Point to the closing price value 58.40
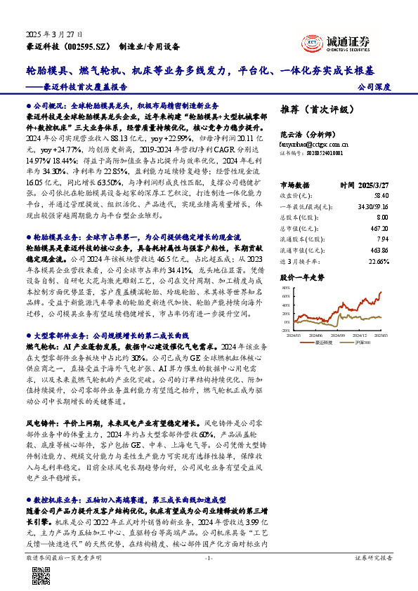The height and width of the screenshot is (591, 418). tap(382, 196)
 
